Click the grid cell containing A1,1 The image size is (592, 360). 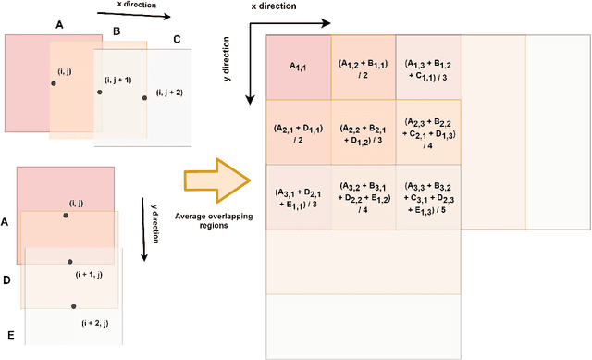(x=298, y=68)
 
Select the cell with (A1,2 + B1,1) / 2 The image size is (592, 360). (x=363, y=68)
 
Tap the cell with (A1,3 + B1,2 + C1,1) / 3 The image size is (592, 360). (x=427, y=68)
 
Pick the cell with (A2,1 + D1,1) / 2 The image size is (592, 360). (x=298, y=131)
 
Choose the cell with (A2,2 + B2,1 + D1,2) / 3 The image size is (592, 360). (x=363, y=131)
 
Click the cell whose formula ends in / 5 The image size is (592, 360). (x=427, y=197)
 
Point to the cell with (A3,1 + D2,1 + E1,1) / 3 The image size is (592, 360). (x=298, y=197)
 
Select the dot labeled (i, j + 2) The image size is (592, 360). (x=145, y=97)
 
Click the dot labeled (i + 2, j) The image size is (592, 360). (x=71, y=306)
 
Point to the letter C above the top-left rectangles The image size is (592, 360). (x=177, y=40)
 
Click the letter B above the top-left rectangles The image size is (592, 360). (x=116, y=31)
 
